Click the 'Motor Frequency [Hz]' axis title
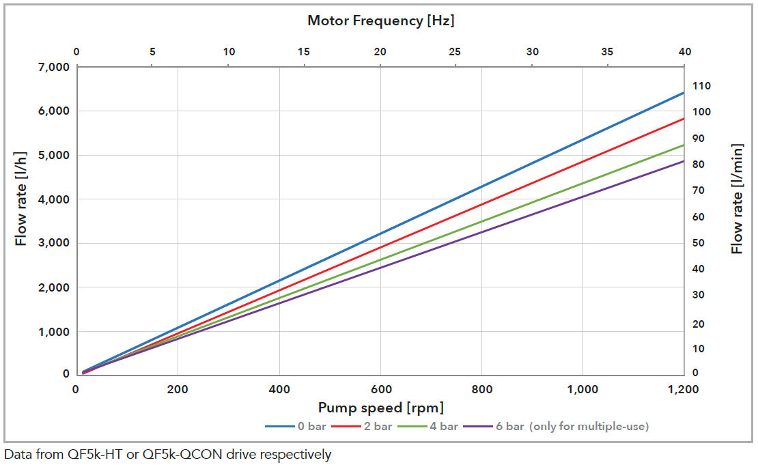pyautogui.click(x=380, y=20)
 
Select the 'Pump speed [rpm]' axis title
pyautogui.click(x=380, y=408)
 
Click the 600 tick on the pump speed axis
pyautogui.click(x=380, y=390)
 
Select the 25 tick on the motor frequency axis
pyautogui.click(x=455, y=52)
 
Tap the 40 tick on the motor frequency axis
pyautogui.click(x=684, y=52)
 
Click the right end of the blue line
pyautogui.click(x=684, y=93)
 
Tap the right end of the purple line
pyautogui.click(x=684, y=161)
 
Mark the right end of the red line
pyautogui.click(x=684, y=118)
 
